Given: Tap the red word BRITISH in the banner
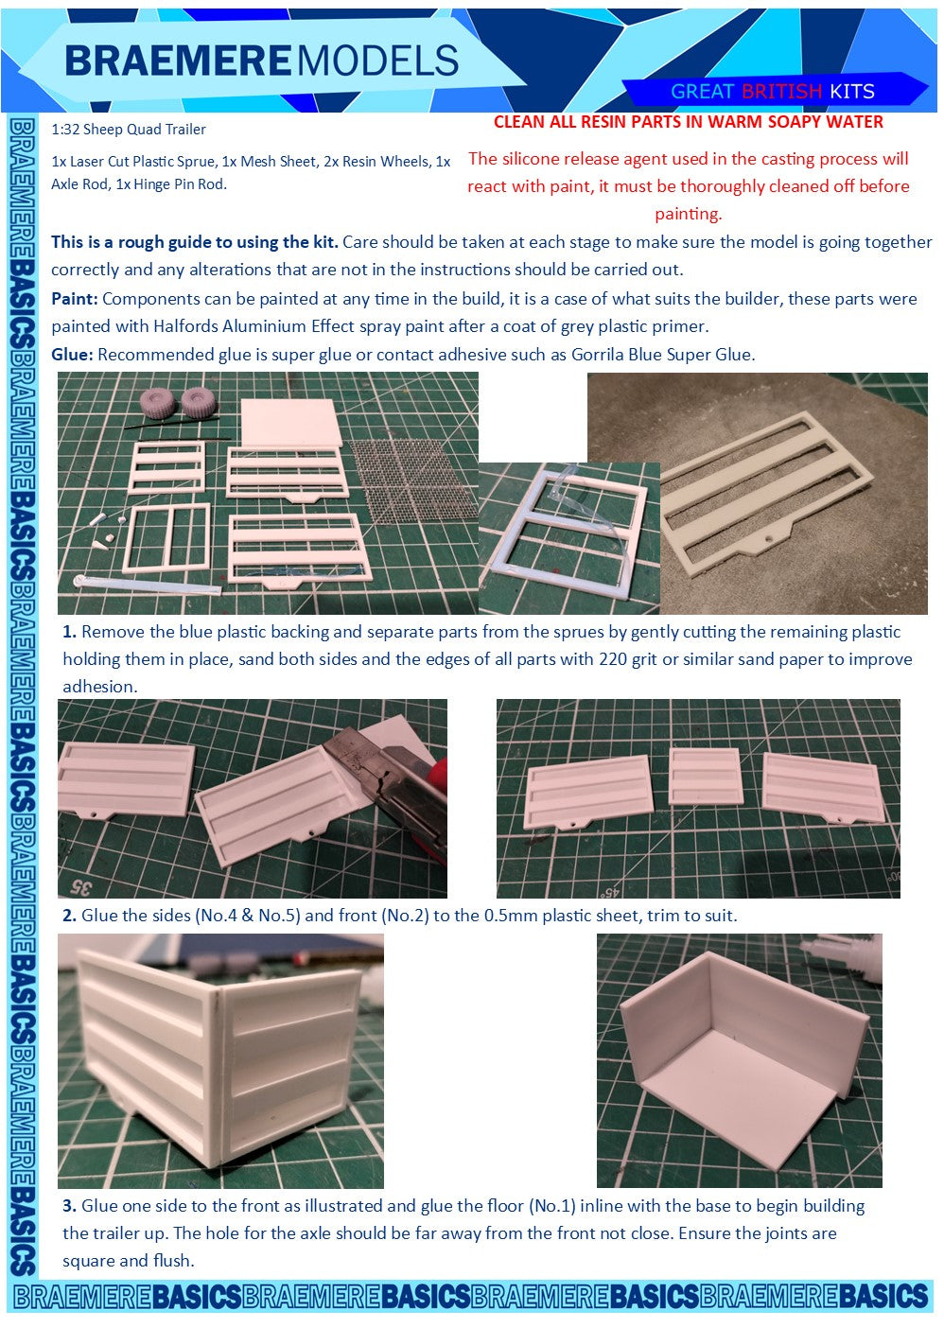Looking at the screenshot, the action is (x=781, y=92).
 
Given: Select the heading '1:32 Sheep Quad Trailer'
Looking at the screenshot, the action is (x=129, y=130).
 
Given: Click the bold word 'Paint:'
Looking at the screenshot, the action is (x=74, y=298).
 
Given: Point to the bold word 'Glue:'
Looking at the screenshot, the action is (x=72, y=355).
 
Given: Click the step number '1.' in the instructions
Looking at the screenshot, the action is (x=69, y=632).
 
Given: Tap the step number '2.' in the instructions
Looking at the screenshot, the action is (x=69, y=916).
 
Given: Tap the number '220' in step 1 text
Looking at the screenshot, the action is (x=614, y=659).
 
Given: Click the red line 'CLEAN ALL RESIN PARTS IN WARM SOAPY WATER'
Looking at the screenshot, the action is (x=689, y=122).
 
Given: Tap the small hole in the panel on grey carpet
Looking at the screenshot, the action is (x=769, y=539).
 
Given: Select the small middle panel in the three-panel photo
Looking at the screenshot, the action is (x=705, y=776).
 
